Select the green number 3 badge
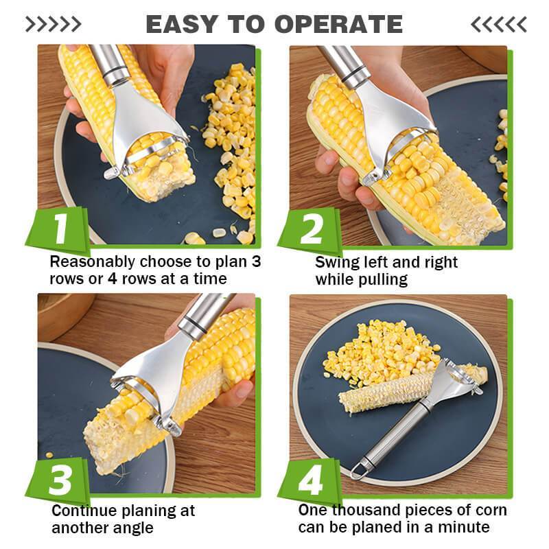pyautogui.click(x=61, y=480)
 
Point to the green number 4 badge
pyautogui.click(x=311, y=480)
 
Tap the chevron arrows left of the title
pyautogui.click(x=53, y=25)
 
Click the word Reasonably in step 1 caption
pyautogui.click(x=93, y=263)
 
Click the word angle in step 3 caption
pyautogui.click(x=134, y=528)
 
